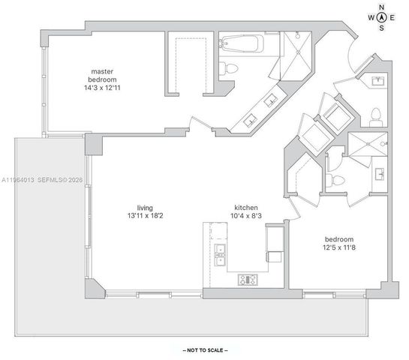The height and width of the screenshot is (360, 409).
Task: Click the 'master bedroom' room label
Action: pyautogui.click(x=102, y=75)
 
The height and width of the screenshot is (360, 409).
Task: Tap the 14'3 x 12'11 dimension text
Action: pyautogui.click(x=102, y=88)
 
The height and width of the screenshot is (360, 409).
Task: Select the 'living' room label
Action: pyautogui.click(x=145, y=208)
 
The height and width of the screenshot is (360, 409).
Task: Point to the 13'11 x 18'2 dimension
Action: pyautogui.click(x=146, y=216)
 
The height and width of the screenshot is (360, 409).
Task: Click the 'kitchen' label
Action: pyautogui.click(x=246, y=208)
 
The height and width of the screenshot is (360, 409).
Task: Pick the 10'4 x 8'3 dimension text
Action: pyautogui.click(x=246, y=216)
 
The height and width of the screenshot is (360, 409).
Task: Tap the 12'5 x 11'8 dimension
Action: pyautogui.click(x=339, y=247)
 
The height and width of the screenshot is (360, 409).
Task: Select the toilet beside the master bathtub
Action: pyautogui.click(x=228, y=69)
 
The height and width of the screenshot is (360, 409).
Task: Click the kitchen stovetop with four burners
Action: pyautogui.click(x=248, y=280)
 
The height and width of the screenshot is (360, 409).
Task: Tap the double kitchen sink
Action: pyautogui.click(x=220, y=255)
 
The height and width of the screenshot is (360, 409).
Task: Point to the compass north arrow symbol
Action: pyautogui.click(x=382, y=18)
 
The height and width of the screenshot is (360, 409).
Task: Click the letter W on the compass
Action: pyautogui.click(x=371, y=18)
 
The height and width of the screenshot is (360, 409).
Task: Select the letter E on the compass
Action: pyautogui.click(x=392, y=18)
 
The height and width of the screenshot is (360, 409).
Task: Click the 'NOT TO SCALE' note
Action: pyautogui.click(x=205, y=350)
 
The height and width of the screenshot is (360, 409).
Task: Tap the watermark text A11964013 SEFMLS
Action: pyautogui.click(x=42, y=180)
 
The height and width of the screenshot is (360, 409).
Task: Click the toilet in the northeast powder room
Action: pyautogui.click(x=376, y=118)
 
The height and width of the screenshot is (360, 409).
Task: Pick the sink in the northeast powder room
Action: pyautogui.click(x=377, y=81)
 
